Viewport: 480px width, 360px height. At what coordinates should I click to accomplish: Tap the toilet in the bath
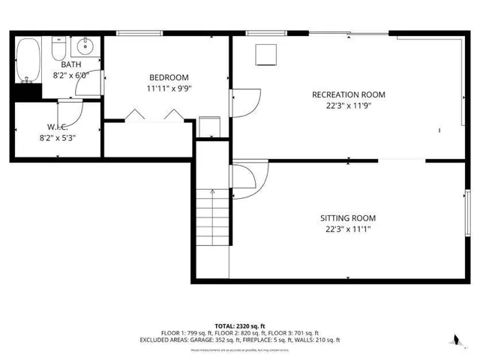[58, 50]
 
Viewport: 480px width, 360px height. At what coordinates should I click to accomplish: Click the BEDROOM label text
[169, 77]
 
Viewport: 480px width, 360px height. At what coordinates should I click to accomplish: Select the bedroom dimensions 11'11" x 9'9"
[169, 88]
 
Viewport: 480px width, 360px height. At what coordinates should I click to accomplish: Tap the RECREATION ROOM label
[349, 94]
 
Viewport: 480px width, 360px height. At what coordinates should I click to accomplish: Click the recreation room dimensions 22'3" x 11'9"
[349, 106]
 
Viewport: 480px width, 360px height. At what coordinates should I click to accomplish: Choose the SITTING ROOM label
[348, 218]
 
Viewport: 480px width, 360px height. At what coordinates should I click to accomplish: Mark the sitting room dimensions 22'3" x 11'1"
[348, 229]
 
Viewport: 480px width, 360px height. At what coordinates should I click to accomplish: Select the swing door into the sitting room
[244, 178]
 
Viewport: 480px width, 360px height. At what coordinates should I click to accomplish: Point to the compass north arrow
[455, 339]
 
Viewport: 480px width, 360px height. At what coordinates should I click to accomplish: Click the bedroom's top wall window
[140, 32]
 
